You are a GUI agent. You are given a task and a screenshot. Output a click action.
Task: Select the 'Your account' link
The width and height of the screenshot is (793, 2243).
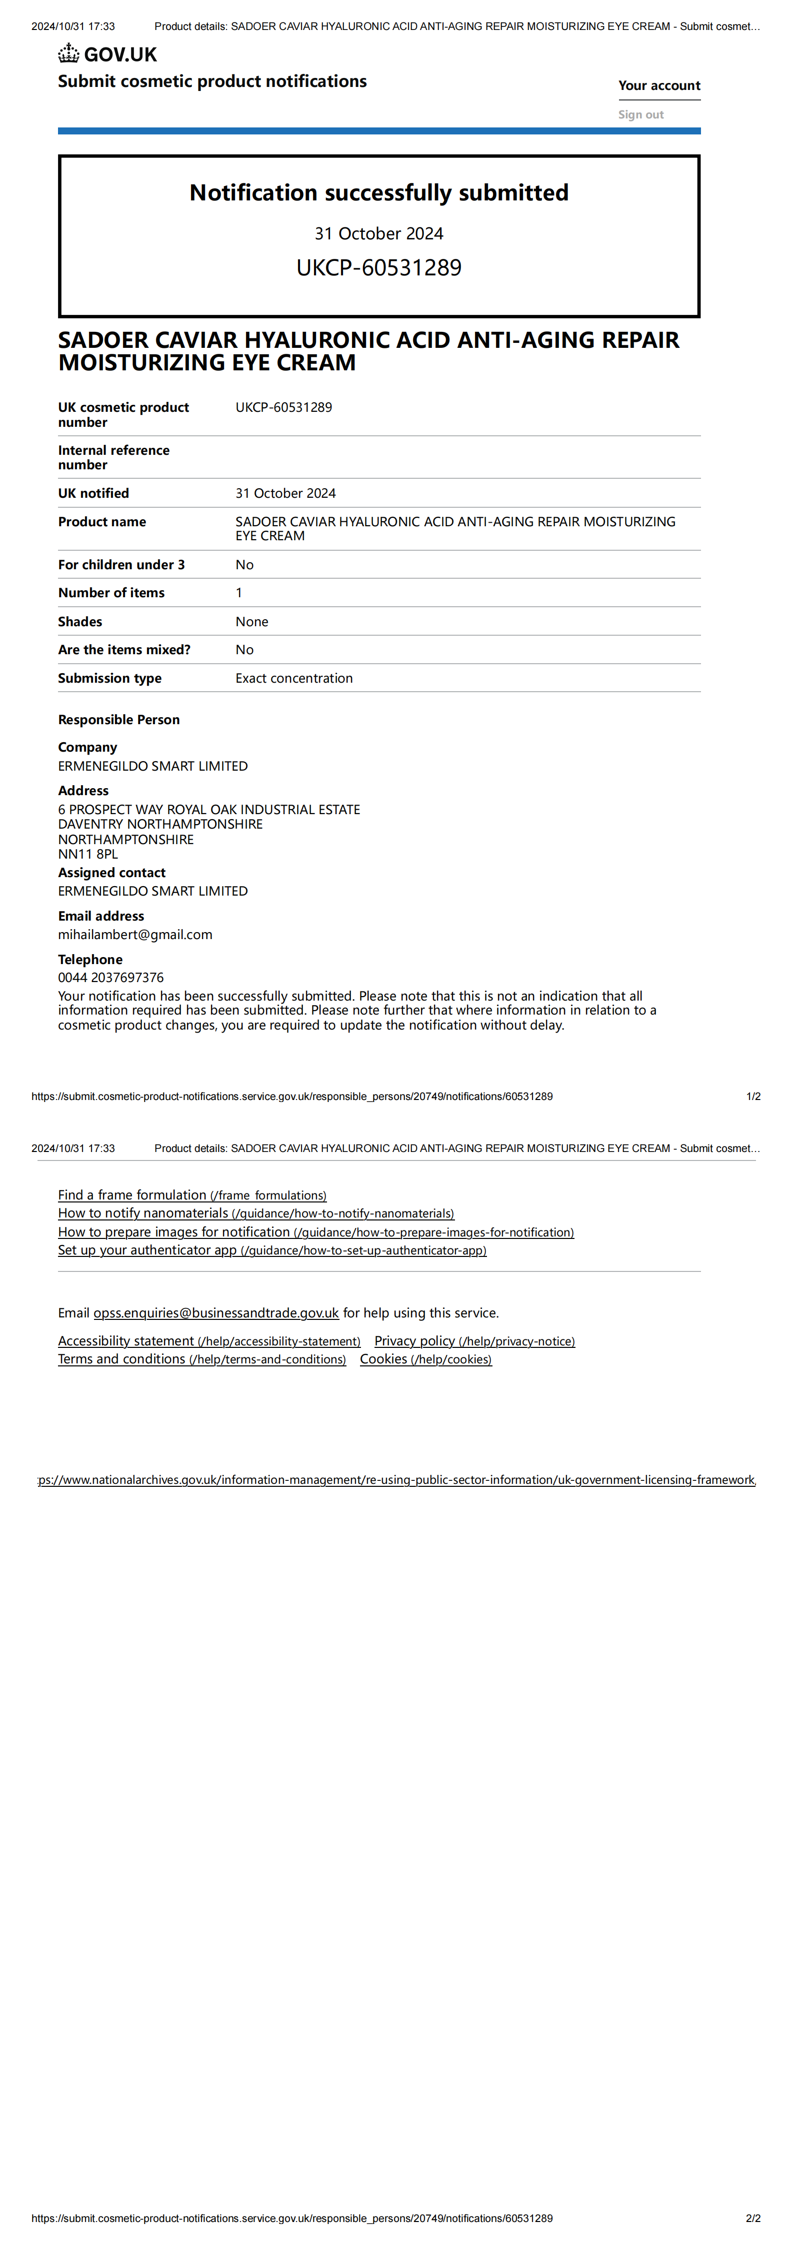click(659, 85)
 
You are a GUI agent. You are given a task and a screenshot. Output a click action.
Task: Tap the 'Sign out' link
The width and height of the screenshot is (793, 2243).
click(640, 114)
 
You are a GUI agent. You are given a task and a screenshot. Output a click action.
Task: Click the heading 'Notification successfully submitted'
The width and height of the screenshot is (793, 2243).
click(379, 192)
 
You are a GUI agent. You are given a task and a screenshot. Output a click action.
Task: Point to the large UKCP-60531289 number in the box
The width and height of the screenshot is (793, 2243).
click(379, 267)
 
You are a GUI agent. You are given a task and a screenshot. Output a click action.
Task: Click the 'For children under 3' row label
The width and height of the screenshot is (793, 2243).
click(121, 564)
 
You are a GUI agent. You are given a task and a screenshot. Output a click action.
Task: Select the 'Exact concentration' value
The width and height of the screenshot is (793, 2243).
click(293, 678)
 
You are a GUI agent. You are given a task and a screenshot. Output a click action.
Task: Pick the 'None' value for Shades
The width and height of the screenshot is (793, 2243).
click(252, 622)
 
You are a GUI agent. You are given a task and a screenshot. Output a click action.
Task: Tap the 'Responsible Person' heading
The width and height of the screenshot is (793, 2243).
click(118, 719)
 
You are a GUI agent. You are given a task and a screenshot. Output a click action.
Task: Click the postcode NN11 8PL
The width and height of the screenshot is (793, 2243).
click(88, 854)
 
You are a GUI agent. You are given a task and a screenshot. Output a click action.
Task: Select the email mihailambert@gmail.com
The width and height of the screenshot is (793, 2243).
click(135, 934)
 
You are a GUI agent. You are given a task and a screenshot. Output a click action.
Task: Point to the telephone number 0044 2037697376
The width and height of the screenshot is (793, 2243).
click(110, 978)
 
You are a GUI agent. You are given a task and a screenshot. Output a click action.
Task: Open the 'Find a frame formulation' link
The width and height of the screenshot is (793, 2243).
click(191, 1195)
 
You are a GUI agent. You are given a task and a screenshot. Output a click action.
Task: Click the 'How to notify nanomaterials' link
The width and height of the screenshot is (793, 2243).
click(255, 1214)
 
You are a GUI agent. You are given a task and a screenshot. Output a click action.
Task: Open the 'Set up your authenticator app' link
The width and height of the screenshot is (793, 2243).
click(272, 1250)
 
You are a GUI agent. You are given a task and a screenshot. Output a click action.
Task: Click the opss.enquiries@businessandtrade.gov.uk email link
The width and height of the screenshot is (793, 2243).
click(216, 1313)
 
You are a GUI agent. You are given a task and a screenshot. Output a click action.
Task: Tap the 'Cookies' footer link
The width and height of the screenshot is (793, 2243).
click(425, 1359)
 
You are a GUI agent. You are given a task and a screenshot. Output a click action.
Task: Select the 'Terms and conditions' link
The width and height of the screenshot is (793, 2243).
click(201, 1359)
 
